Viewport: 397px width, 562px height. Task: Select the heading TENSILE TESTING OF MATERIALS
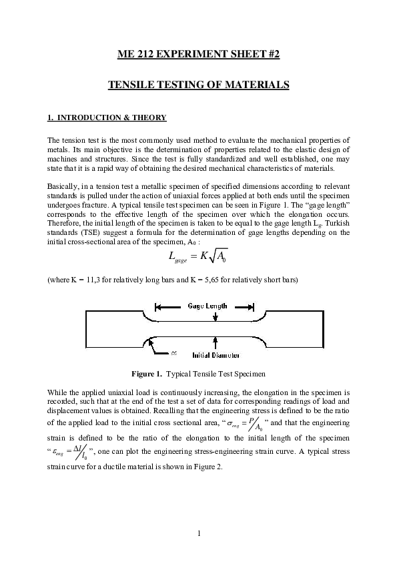(198, 86)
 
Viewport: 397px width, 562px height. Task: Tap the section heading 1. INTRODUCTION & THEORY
(107, 118)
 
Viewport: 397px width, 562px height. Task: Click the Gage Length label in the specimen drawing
(205, 306)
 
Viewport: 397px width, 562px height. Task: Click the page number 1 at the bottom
(199, 532)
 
